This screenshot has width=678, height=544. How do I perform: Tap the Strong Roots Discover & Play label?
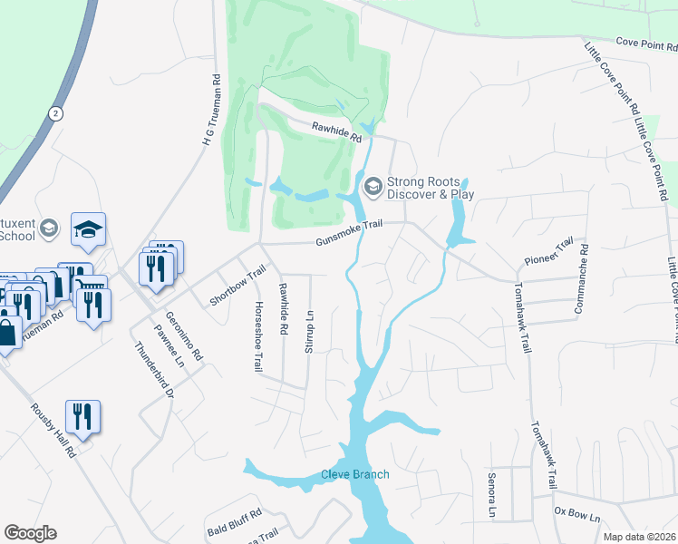pos(431,188)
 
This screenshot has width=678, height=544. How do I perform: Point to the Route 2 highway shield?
pos(56,112)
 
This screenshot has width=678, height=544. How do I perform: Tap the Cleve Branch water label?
pos(354,474)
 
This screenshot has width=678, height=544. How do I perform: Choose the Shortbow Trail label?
pos(238,285)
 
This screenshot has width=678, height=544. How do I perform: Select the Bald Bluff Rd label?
pos(234,526)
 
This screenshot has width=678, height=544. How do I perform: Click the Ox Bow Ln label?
pos(577,514)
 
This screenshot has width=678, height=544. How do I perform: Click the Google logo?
pos(30,533)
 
